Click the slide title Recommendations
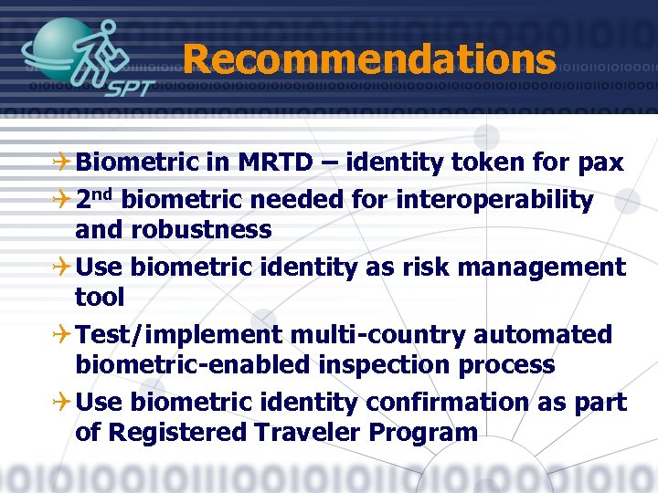368,59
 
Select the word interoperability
494,199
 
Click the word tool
100,297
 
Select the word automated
543,335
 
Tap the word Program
423,433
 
